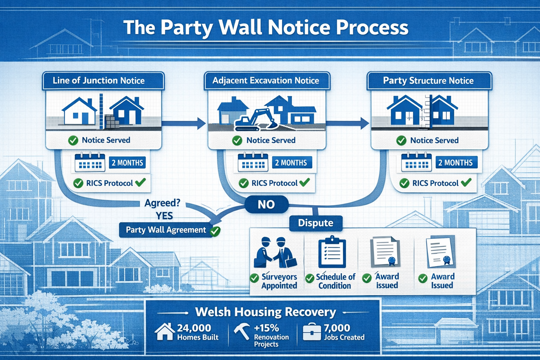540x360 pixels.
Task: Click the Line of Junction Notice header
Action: click(x=99, y=81)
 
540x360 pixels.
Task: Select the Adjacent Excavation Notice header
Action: click(x=266, y=81)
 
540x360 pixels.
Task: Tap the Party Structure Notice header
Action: click(x=428, y=81)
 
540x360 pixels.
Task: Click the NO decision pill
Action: click(x=266, y=204)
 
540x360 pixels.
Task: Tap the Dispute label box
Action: click(x=315, y=223)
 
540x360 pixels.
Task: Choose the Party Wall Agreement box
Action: click(x=166, y=230)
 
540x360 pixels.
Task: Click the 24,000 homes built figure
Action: click(x=194, y=328)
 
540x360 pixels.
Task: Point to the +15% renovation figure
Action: click(x=266, y=328)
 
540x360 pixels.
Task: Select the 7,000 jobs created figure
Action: click(x=337, y=328)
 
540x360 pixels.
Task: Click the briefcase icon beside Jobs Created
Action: click(x=311, y=332)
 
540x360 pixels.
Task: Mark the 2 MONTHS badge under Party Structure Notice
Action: click(x=455, y=163)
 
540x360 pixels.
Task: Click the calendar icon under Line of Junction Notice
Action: click(x=90, y=162)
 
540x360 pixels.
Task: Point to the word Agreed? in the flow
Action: click(x=162, y=203)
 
